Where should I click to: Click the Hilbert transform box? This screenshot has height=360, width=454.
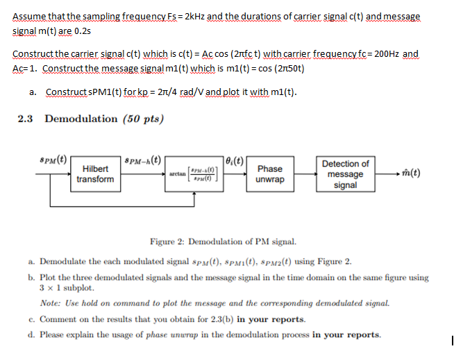tap(95, 174)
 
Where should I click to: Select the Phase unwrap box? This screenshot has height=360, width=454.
tap(269, 173)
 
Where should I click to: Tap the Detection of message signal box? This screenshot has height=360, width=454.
tap(345, 173)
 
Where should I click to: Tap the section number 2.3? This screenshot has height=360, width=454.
tap(26, 119)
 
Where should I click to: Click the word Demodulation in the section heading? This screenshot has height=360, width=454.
tap(81, 119)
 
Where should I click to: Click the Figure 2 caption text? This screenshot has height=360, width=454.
tap(223, 242)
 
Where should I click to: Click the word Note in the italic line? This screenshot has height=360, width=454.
tap(51, 303)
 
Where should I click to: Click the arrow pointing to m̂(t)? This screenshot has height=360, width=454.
tap(389, 173)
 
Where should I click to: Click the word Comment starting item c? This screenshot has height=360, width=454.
tap(58, 319)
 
